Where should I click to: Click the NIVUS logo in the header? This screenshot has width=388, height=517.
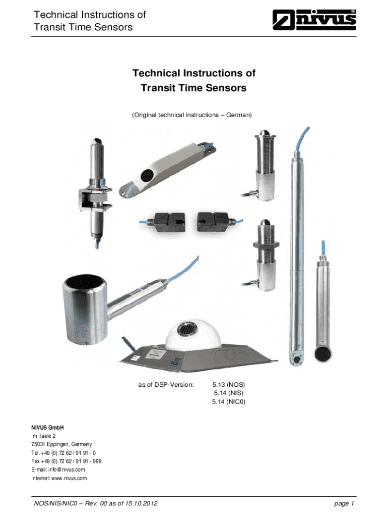(x=314, y=20)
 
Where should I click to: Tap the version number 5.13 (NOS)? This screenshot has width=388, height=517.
(x=229, y=384)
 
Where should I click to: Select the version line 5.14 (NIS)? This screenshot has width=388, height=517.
(x=229, y=393)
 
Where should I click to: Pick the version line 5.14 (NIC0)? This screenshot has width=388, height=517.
(x=229, y=401)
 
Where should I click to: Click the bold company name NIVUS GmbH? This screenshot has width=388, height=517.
(x=47, y=428)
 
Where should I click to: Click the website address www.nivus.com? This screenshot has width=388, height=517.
(x=69, y=478)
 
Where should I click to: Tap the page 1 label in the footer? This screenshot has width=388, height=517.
(x=344, y=503)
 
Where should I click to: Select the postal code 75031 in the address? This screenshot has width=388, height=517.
(x=38, y=444)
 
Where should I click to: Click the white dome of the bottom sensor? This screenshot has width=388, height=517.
(x=193, y=334)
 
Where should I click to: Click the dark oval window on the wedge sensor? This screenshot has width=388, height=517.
(x=147, y=175)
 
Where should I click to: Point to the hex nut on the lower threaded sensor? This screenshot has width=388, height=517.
(x=266, y=244)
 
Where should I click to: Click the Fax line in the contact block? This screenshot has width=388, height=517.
(x=66, y=461)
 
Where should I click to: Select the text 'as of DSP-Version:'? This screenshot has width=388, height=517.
(x=166, y=384)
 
